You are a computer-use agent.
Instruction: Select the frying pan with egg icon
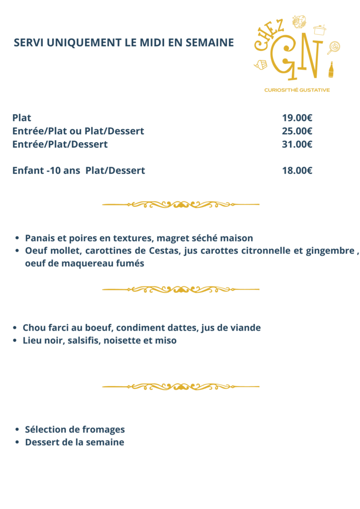[333, 47]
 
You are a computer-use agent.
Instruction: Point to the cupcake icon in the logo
[261, 65]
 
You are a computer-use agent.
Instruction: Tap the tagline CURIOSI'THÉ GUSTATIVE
[297, 90]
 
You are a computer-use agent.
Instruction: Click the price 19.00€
[297, 118]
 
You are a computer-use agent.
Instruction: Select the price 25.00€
[297, 131]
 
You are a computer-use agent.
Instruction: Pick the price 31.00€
[297, 145]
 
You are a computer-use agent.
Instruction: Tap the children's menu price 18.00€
[297, 170]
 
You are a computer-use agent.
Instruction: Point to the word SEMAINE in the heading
[209, 43]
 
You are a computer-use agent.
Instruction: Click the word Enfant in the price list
[27, 170]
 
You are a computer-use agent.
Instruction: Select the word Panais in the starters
[40, 238]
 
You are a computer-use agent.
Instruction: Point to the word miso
[167, 341]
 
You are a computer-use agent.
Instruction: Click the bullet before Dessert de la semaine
[17, 442]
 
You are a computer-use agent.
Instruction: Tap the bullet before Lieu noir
[15, 341]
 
